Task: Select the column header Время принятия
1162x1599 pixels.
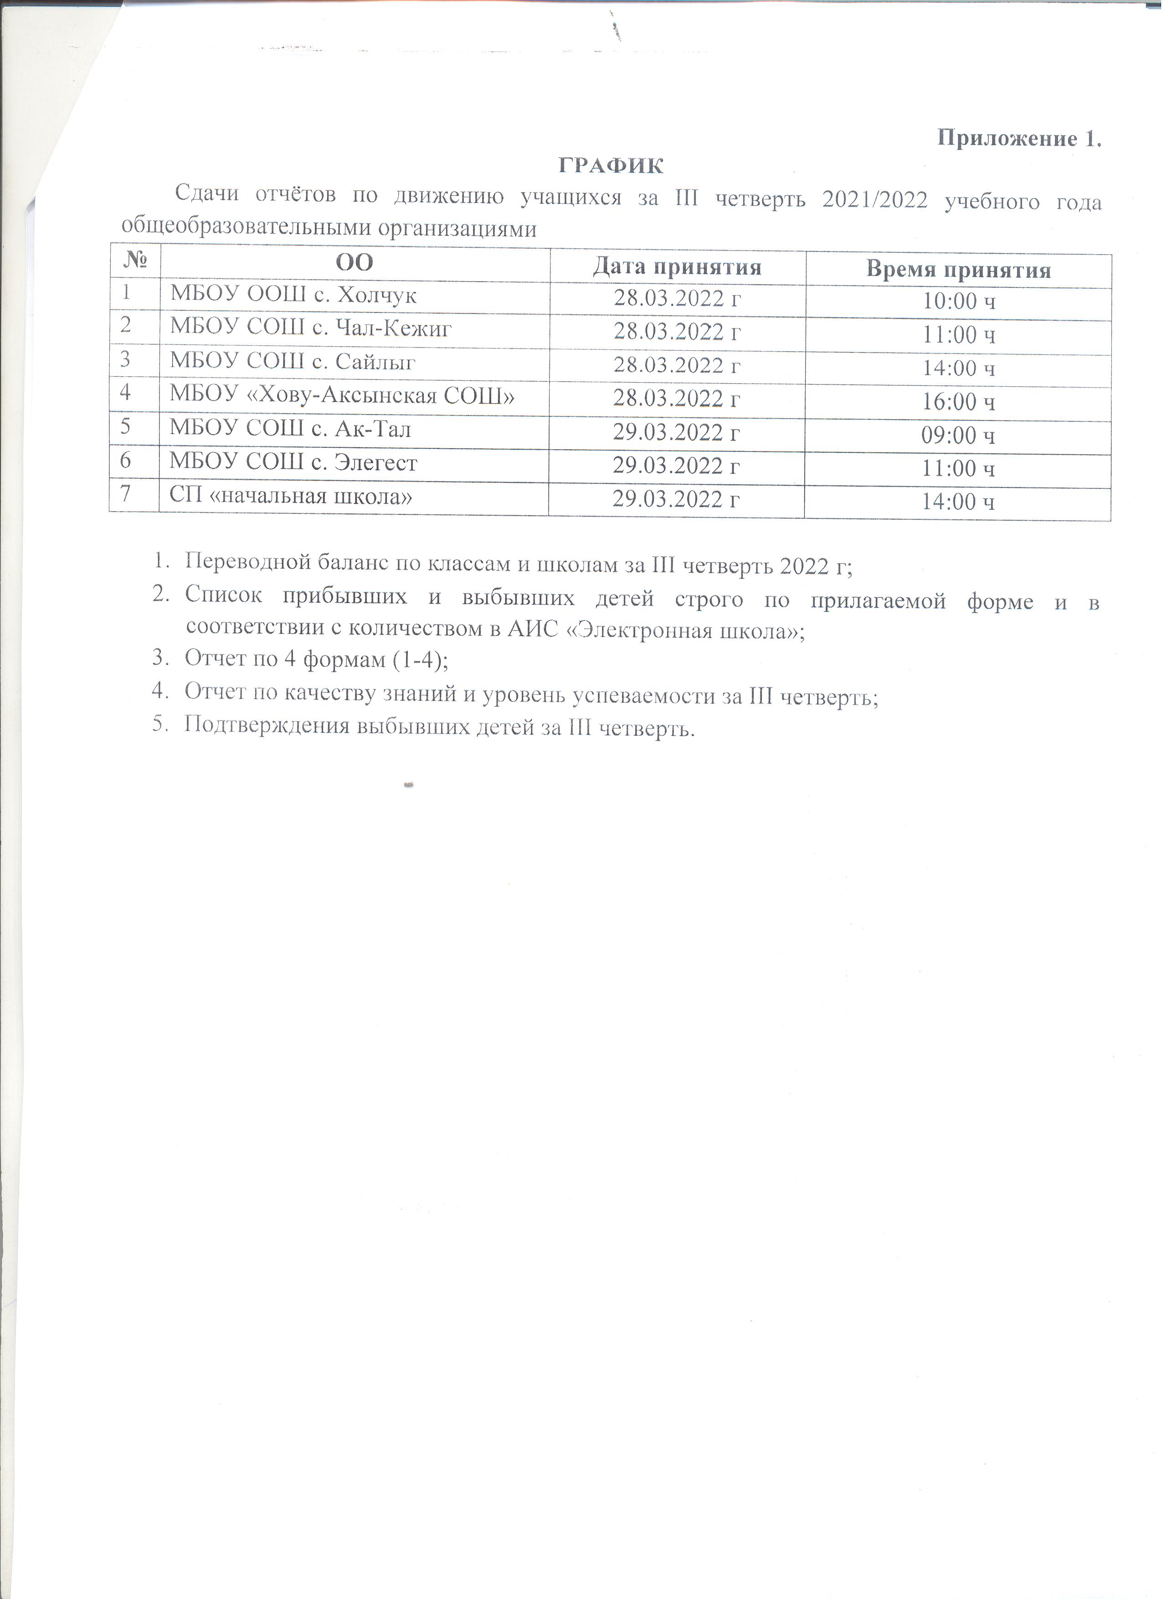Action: (x=958, y=269)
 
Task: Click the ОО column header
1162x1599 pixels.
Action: (x=354, y=263)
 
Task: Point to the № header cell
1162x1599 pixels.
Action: (x=135, y=261)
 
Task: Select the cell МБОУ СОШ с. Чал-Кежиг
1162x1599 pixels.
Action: (x=310, y=328)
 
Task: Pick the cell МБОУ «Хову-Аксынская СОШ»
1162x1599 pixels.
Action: (x=342, y=395)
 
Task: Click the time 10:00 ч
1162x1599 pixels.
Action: (x=959, y=302)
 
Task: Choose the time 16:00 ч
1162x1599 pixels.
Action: (x=959, y=402)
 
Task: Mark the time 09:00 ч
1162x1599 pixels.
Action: (x=958, y=435)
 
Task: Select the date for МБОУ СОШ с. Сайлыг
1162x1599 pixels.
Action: (x=677, y=365)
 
